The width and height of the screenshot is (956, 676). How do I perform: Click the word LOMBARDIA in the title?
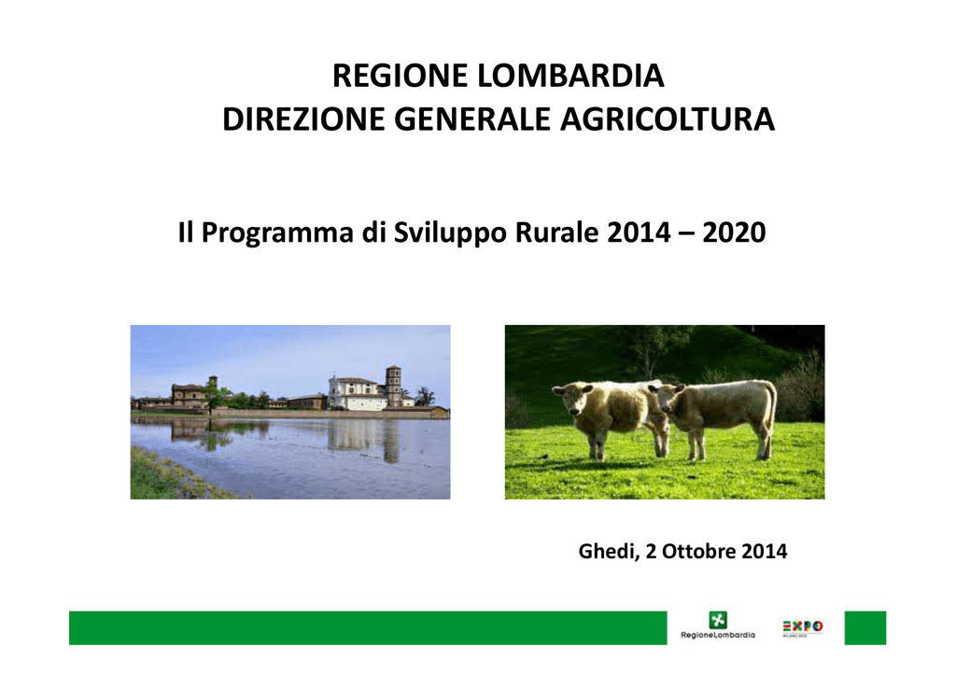tap(570, 77)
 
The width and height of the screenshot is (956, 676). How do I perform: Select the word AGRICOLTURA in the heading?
tap(667, 119)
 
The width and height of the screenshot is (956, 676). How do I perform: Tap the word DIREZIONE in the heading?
tap(304, 119)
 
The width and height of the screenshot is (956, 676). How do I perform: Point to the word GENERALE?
tap(472, 119)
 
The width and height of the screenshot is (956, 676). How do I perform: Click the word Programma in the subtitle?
tap(277, 233)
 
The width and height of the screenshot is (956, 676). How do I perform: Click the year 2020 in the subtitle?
tap(734, 232)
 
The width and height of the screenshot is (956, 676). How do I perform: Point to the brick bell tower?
tap(394, 386)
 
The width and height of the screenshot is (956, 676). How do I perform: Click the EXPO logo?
tap(802, 627)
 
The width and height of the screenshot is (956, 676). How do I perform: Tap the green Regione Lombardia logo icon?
tap(718, 621)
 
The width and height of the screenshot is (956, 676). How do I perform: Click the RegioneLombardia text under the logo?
tap(718, 635)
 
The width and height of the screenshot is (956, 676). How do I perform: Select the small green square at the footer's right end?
tap(865, 627)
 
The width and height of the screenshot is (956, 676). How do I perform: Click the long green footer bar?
tap(368, 627)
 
